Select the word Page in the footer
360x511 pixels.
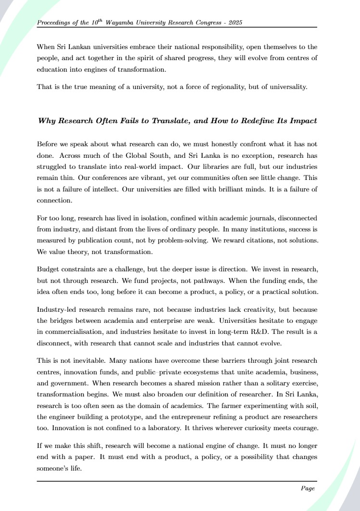click(x=308, y=488)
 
